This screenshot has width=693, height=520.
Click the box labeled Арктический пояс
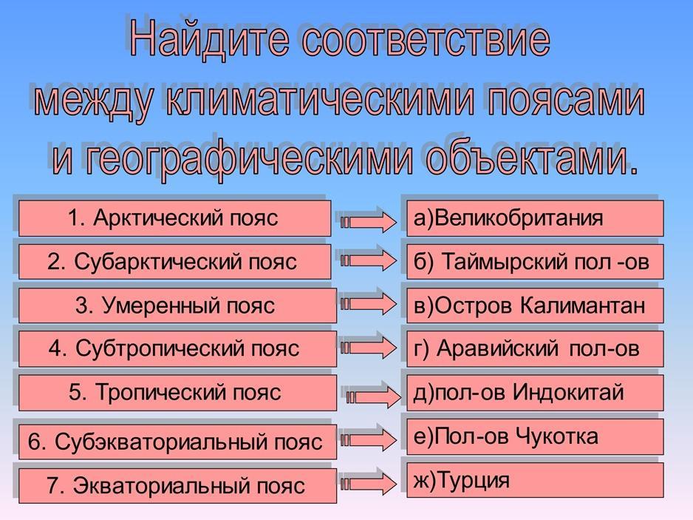[174, 217]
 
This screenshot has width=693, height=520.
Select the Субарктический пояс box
[174, 262]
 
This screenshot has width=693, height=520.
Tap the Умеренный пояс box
[177, 305]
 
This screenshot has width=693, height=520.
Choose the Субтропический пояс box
[177, 348]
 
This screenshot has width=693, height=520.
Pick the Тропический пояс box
[177, 393]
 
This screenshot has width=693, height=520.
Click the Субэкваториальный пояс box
[177, 442]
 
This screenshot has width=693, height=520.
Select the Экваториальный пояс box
[177, 485]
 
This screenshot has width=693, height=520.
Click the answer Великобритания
[535, 217]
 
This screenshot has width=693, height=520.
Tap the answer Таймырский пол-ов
[535, 262]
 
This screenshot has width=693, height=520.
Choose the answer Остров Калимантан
[535, 305]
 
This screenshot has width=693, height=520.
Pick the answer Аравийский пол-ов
[535, 348]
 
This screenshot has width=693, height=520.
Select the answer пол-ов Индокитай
[535, 393]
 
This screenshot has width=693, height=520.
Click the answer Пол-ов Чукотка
[535, 437]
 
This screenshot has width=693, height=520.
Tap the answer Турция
[535, 480]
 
